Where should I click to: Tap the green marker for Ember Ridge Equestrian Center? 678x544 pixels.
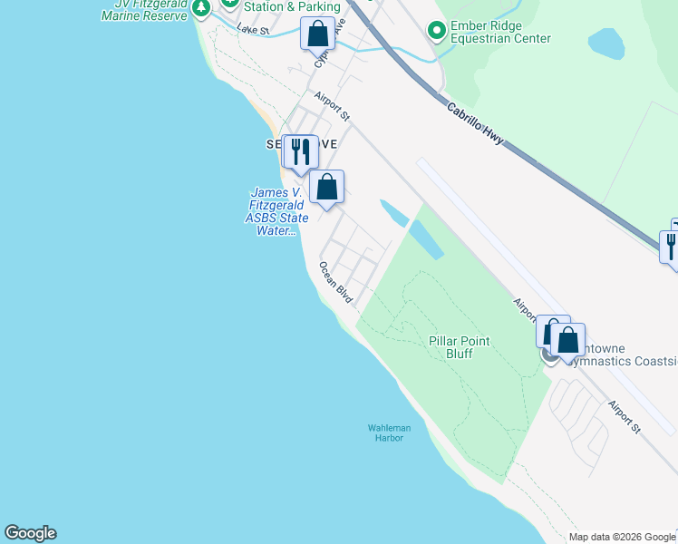tap(437, 31)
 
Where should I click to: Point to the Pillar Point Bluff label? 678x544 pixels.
tap(460, 347)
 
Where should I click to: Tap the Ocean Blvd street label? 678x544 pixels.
tap(335, 282)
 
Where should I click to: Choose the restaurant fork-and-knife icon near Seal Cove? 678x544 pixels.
tap(300, 151)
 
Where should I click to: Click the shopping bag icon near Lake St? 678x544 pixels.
tap(318, 34)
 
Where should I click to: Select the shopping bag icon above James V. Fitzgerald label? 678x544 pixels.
tap(327, 187)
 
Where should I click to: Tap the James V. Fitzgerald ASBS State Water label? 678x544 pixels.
tap(278, 211)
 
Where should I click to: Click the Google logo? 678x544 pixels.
tap(30, 533)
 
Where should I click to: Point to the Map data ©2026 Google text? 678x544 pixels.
tap(622, 537)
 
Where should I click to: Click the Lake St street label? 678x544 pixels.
tap(254, 30)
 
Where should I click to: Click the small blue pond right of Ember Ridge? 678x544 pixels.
tap(605, 43)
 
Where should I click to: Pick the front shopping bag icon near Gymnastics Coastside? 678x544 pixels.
tap(567, 341)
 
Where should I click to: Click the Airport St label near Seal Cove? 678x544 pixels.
tap(333, 105)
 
